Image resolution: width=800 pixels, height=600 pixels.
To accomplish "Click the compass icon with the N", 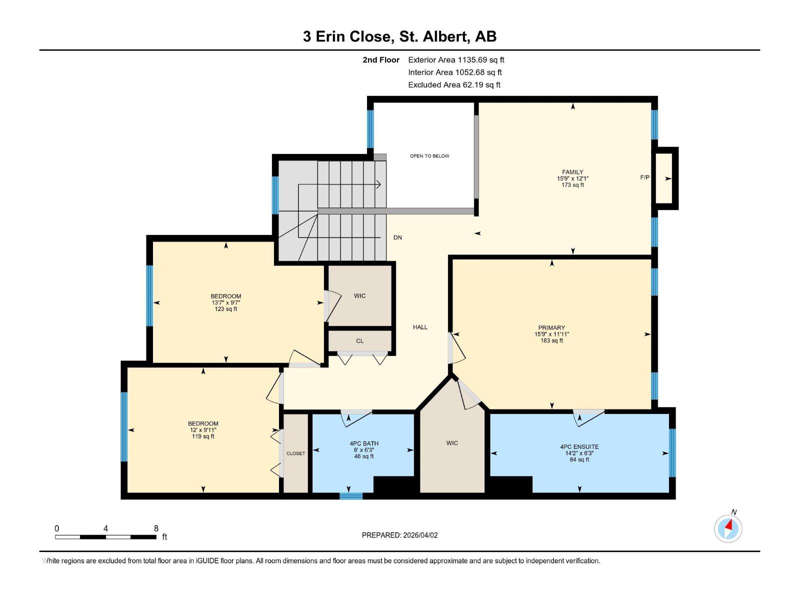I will [x=728, y=528].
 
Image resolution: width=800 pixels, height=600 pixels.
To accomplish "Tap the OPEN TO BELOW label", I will [x=429, y=156].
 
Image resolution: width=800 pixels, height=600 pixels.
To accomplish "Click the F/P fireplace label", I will [x=645, y=177].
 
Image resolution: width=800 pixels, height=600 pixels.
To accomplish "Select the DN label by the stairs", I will [x=397, y=237].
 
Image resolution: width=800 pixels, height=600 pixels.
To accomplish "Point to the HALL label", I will [x=420, y=327].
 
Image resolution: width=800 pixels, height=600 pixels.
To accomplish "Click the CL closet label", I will [x=360, y=341].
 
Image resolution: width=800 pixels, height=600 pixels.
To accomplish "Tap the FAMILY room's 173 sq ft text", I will [x=572, y=185].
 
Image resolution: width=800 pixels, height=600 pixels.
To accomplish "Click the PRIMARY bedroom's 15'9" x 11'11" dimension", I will [x=551, y=334].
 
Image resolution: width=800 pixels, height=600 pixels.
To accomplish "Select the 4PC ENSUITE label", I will [x=579, y=446].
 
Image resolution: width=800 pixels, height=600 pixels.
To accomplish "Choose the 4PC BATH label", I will [x=364, y=443].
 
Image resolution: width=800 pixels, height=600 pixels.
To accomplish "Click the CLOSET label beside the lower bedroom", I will [x=295, y=453].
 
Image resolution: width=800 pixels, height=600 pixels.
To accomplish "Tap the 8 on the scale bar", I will [x=156, y=528].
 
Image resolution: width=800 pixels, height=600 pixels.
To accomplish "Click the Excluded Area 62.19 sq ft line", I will [x=454, y=85].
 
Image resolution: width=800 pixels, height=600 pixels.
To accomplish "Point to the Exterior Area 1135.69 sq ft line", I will [x=456, y=60].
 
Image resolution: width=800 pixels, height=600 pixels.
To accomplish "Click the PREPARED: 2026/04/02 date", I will [x=399, y=535].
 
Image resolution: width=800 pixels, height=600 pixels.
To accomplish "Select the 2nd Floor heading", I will [x=381, y=60].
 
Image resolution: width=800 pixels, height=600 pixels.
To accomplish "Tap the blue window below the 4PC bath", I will [x=351, y=496].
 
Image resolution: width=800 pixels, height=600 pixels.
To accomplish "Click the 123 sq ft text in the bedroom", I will [x=226, y=309].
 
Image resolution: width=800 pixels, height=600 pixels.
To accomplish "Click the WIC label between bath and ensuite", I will [x=452, y=443].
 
